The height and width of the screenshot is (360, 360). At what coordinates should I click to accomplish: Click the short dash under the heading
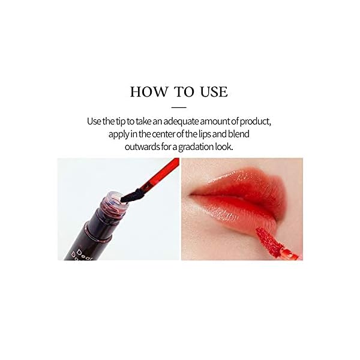click(x=179, y=106)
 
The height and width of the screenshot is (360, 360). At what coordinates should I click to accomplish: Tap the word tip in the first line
click(x=122, y=122)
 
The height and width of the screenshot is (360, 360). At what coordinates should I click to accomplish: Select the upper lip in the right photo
click(x=237, y=184)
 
